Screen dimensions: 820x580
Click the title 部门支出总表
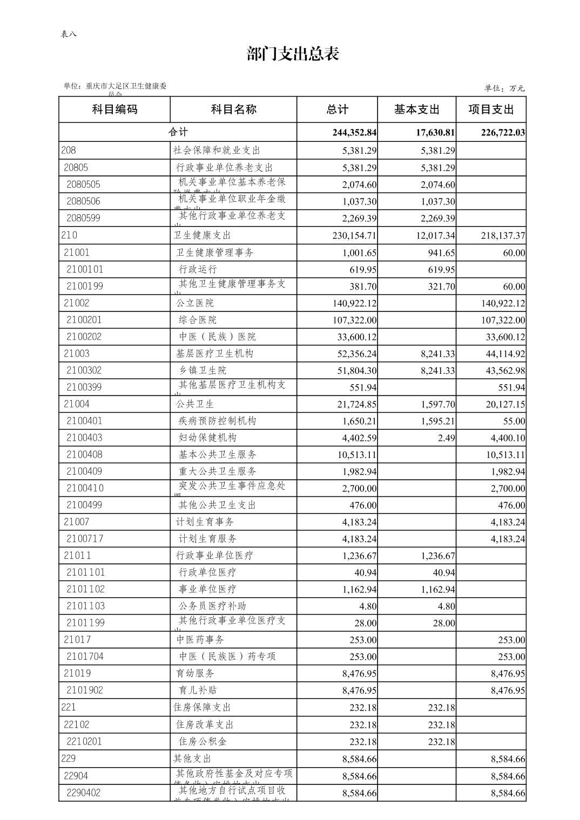[293, 54]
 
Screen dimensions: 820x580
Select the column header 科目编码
[114, 110]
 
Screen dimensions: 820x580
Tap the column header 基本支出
[416, 110]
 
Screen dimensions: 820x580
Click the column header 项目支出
[490, 110]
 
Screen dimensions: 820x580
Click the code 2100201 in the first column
[84, 320]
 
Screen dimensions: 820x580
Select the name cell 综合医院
[198, 320]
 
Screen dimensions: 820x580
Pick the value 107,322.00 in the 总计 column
[354, 320]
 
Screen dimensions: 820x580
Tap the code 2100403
[84, 438]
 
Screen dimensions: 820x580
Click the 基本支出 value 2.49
[446, 438]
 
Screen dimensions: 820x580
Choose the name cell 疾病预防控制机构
[217, 421]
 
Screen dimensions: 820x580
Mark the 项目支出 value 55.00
[514, 421]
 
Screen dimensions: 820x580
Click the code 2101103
[85, 606]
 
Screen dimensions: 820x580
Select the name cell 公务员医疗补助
[212, 606]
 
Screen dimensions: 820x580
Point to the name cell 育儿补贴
[198, 690]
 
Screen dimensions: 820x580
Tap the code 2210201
[84, 741]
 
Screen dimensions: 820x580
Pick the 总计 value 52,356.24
[354, 354]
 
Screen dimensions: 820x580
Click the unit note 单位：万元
[504, 88]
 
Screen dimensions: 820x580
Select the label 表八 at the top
[69, 34]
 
